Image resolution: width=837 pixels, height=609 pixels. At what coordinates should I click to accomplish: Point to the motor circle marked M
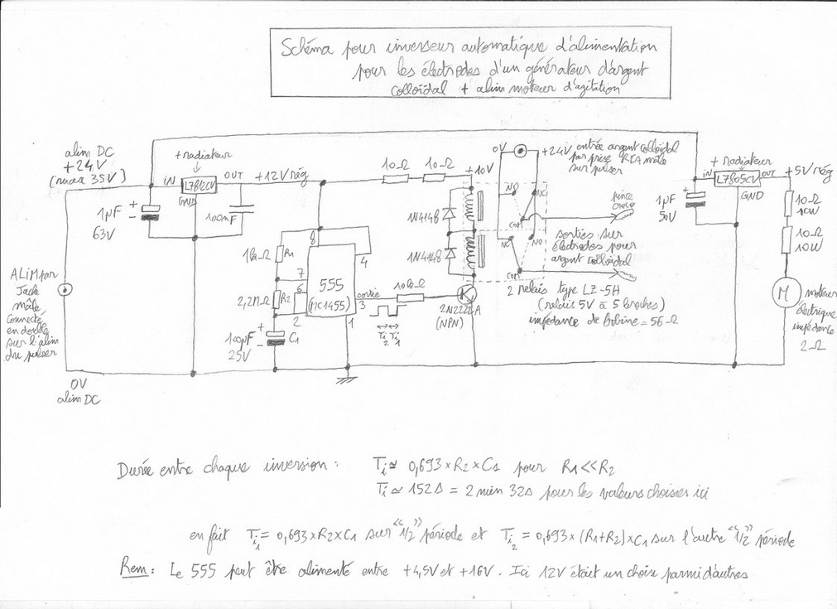781,292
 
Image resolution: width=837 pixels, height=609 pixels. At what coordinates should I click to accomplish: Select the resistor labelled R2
281,297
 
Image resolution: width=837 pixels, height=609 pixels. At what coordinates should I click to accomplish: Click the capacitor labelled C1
279,338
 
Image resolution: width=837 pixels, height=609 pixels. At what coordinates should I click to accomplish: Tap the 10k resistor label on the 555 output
405,285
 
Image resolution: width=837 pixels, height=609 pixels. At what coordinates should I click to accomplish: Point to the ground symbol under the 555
341,380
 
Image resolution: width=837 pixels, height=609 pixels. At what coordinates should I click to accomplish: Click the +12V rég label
282,176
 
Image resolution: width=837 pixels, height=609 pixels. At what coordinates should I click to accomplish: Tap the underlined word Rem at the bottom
135,573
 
